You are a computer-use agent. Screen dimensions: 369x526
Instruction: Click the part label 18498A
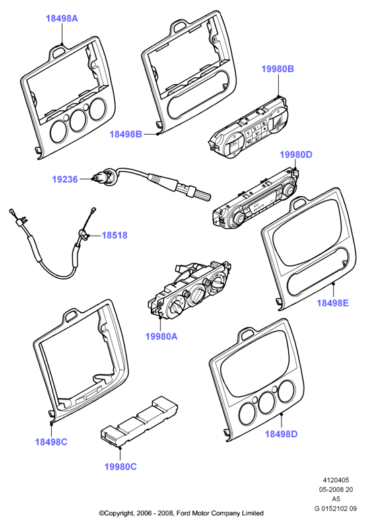click(62, 18)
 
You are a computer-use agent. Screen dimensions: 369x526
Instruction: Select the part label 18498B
click(126, 134)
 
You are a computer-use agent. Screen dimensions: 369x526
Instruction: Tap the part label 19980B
click(277, 69)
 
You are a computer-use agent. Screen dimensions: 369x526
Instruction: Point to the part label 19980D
click(296, 155)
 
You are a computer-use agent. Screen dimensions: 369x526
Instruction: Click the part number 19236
click(65, 179)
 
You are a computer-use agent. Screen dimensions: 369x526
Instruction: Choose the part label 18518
click(114, 235)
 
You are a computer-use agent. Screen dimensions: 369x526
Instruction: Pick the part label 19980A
click(162, 336)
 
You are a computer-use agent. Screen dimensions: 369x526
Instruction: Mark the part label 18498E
click(333, 303)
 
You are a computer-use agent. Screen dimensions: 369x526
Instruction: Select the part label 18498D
click(281, 434)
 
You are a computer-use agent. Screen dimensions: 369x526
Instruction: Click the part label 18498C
click(51, 442)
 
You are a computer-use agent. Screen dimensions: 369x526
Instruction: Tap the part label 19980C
click(121, 467)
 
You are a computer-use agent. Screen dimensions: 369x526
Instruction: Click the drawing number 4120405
click(336, 480)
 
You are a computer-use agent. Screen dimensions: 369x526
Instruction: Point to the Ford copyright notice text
click(181, 513)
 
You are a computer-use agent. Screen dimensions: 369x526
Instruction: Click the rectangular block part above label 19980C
click(139, 422)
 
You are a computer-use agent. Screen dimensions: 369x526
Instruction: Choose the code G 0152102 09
click(335, 508)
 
